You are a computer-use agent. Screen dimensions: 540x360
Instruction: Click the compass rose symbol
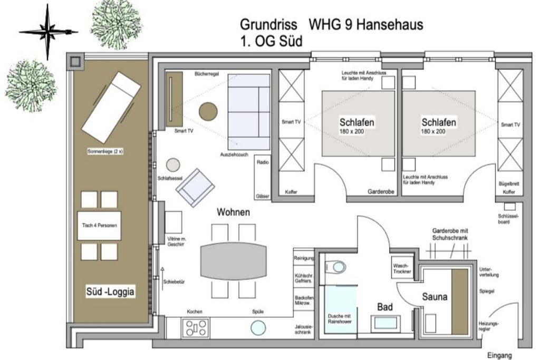[x=47, y=32]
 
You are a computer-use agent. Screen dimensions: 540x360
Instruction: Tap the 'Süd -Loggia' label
[x=110, y=292]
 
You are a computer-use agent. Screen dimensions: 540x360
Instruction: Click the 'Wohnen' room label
[x=233, y=212]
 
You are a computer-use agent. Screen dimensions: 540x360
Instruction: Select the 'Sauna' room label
[x=435, y=297]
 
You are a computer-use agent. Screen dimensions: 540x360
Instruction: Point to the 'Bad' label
[x=384, y=307]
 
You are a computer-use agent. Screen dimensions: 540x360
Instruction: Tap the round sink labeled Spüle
[x=258, y=328]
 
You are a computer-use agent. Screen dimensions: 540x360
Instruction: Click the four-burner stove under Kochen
[x=196, y=328]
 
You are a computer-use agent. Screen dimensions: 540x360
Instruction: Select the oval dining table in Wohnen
[x=234, y=261]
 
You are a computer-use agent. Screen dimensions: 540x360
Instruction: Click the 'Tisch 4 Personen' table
[x=99, y=226]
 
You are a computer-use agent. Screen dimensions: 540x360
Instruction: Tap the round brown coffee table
[x=208, y=112]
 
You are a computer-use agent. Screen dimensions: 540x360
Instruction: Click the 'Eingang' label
[x=499, y=356]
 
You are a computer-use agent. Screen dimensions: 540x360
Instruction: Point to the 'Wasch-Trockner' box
[x=402, y=268]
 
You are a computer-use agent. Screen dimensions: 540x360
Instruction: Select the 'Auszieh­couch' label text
[x=234, y=154]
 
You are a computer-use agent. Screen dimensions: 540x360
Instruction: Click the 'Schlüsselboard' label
[x=508, y=219]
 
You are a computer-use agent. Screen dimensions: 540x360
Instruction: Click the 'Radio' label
[x=263, y=162]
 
